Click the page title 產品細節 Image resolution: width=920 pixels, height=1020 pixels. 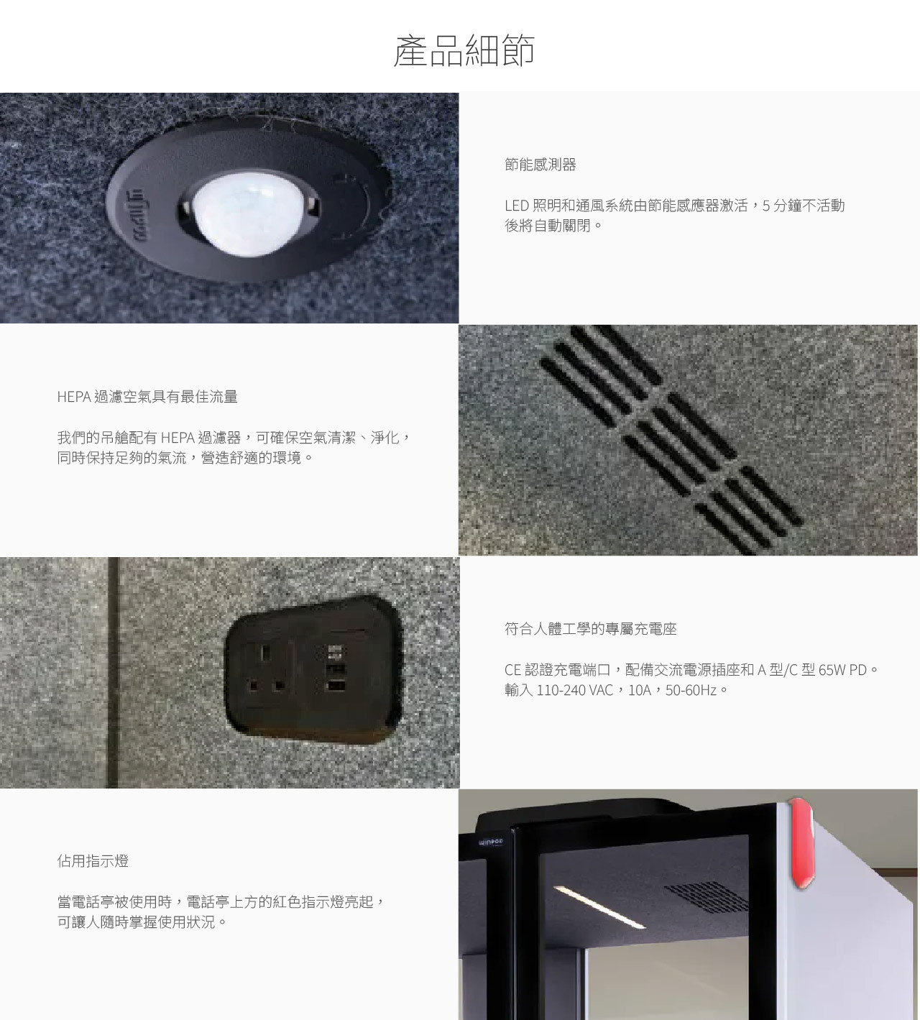[464, 51]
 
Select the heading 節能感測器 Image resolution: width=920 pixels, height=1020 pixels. [540, 165]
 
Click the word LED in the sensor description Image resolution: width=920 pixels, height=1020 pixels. [517, 206]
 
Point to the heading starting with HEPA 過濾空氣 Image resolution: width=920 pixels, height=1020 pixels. [147, 397]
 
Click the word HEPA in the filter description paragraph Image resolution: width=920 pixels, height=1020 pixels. [178, 437]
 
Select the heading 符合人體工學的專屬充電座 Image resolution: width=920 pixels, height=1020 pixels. [590, 629]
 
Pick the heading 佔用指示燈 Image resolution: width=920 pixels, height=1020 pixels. [93, 861]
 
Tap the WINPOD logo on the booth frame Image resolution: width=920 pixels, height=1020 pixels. [491, 842]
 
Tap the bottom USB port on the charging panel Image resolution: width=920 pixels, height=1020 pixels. [336, 686]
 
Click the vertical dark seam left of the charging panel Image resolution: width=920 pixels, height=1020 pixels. [113, 672]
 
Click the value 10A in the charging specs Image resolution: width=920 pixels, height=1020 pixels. [640, 690]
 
